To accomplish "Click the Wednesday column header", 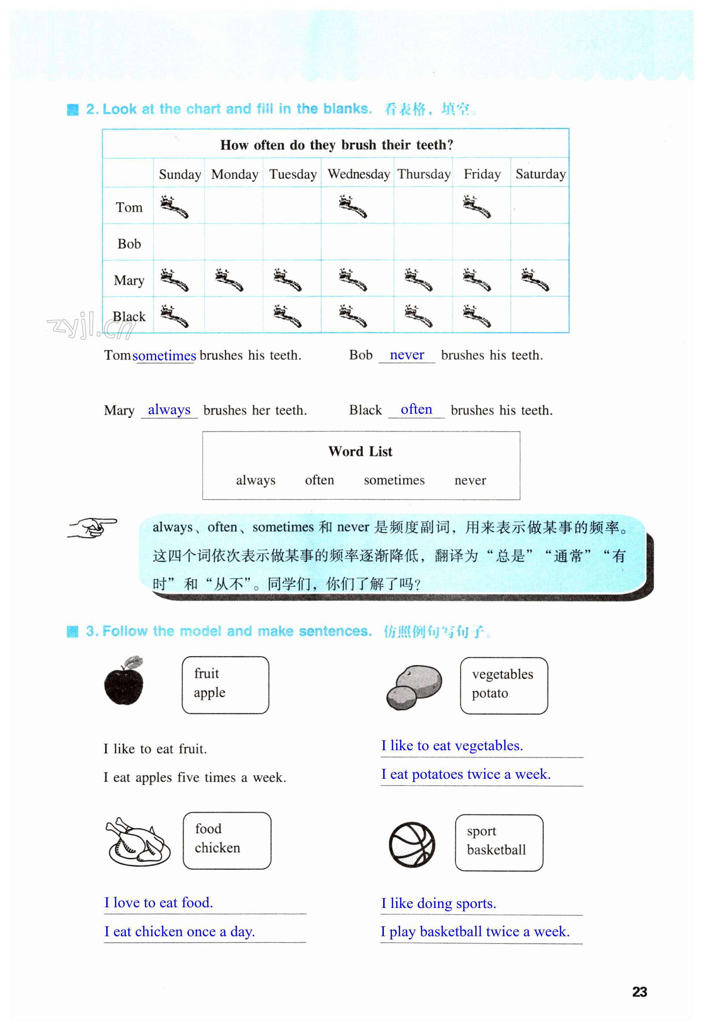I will (358, 174).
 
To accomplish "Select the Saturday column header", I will (540, 174).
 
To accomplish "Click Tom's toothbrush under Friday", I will (476, 207).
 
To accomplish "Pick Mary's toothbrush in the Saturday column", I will (535, 279).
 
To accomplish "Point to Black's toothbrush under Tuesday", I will (287, 316).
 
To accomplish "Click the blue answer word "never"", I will (407, 354).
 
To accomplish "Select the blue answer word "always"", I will (169, 409).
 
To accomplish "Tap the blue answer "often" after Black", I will (416, 409).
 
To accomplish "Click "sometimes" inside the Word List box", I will (394, 480).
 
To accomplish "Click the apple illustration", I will (124, 681).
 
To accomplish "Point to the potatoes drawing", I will (414, 687).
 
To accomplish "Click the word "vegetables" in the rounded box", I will (503, 674).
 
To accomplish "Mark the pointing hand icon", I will (92, 528).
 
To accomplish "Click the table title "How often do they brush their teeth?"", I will (337, 145).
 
